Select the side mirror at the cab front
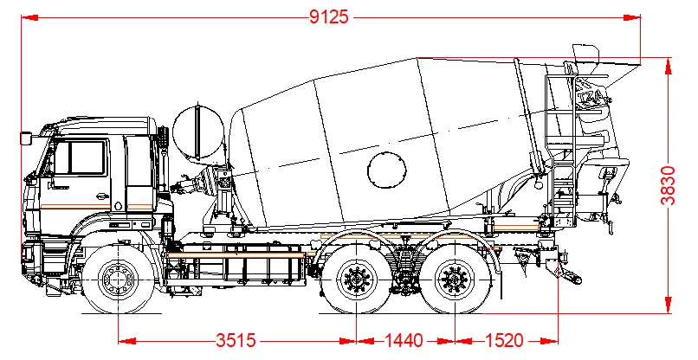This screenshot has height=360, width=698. coord(26,137)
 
